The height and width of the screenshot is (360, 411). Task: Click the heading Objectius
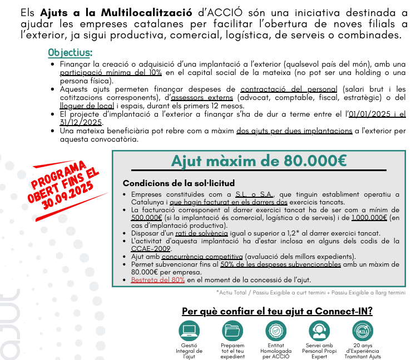(70, 53)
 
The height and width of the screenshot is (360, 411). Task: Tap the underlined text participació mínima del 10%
(111, 73)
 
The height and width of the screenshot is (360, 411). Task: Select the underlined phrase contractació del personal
(289, 89)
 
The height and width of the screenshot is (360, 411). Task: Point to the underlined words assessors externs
(198, 97)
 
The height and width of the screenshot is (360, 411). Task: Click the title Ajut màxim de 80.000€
(259, 161)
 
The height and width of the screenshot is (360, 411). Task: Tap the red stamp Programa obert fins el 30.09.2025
(65, 186)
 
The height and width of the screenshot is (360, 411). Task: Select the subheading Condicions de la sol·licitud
(179, 183)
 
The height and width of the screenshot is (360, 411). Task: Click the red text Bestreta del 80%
(158, 280)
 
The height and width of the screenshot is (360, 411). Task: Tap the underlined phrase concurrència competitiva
(202, 257)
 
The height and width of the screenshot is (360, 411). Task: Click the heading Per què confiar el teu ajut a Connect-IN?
(277, 311)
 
